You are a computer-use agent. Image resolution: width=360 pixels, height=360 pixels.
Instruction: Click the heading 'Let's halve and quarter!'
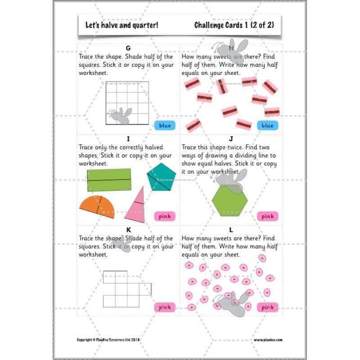[121, 25]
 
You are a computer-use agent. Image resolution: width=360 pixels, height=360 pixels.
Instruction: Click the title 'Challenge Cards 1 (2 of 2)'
[234, 25]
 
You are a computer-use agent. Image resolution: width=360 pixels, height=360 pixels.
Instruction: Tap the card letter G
[128, 48]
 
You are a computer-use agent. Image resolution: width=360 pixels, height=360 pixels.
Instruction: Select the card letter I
[128, 139]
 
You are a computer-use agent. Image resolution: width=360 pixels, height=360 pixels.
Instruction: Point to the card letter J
[231, 139]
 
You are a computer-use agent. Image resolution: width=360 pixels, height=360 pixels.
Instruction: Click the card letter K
[128, 230]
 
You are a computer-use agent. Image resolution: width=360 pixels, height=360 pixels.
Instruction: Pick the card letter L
[231, 230]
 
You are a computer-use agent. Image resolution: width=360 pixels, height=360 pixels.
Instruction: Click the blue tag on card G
[165, 126]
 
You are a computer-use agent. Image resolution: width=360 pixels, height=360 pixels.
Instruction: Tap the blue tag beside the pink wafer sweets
[267, 126]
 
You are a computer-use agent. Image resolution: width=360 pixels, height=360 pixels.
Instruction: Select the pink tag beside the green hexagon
[267, 216]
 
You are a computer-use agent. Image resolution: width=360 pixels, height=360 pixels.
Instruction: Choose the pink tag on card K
[165, 307]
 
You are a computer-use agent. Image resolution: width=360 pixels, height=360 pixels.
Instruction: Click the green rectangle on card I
[109, 180]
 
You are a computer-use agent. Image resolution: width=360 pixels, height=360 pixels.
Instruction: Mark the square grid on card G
[127, 103]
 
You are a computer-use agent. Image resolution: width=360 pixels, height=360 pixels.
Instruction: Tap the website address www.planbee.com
[268, 340]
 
